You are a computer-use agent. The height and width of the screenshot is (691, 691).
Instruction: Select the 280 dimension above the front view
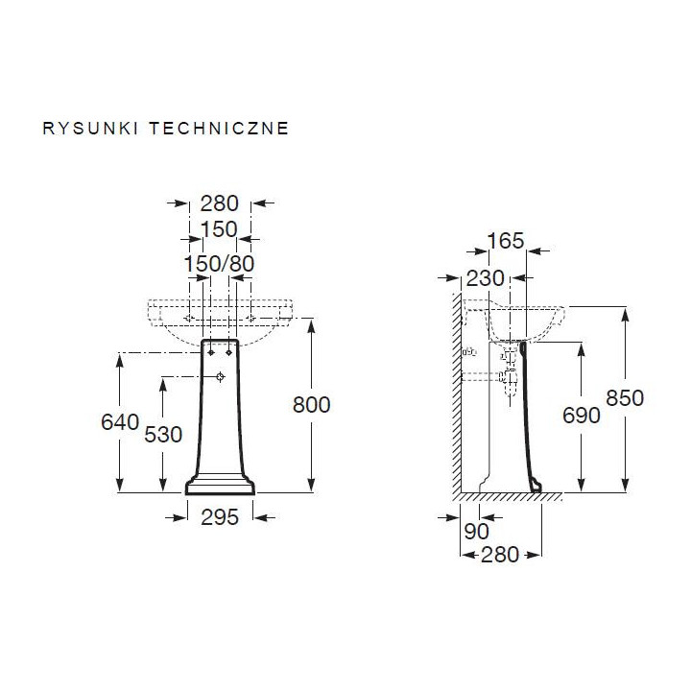point(219,203)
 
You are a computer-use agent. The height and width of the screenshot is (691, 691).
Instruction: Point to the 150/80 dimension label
point(219,263)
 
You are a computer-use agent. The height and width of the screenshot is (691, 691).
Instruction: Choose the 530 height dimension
point(164,434)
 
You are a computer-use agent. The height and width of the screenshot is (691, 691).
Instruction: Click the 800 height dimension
point(311,405)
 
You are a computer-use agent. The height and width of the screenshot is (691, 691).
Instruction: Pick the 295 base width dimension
point(220,517)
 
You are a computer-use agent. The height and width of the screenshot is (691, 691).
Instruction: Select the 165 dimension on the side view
point(506,241)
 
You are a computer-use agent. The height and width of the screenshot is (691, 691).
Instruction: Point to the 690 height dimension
point(581,415)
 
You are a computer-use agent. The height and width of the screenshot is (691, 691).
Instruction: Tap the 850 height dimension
point(625,397)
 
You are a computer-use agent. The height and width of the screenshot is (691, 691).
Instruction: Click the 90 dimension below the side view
point(477,530)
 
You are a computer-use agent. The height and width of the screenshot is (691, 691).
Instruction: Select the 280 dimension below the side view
point(499,554)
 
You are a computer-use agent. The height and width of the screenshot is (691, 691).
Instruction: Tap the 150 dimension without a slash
point(219,231)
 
